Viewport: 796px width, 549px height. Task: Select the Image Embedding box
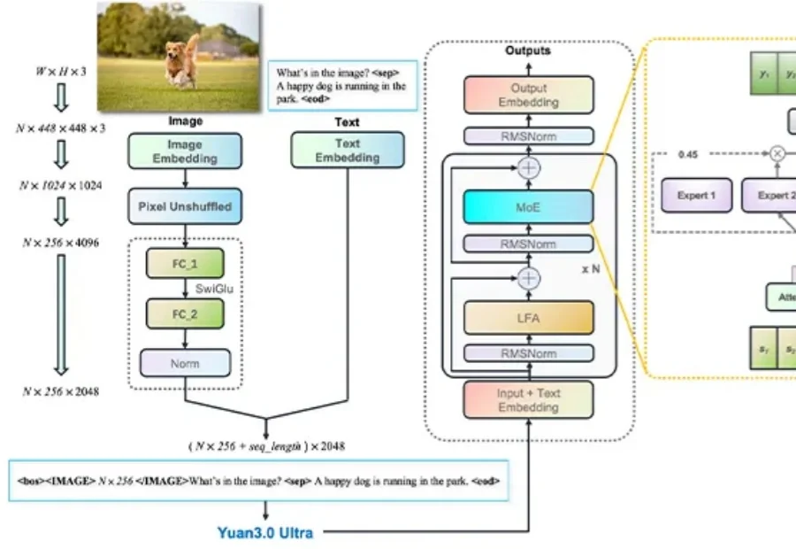coord(184,151)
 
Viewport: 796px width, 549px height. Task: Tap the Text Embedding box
coord(348,151)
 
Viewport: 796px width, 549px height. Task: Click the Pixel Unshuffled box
coord(184,206)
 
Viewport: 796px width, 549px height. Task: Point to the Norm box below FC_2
coord(184,362)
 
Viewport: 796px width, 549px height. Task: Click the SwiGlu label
coord(216,288)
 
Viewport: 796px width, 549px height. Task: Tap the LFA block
coord(528,317)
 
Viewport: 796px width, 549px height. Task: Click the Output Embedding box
coord(528,95)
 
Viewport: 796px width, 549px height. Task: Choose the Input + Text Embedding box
coord(528,400)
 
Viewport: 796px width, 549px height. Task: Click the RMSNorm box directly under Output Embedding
coord(528,136)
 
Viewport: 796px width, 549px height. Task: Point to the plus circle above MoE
coord(528,166)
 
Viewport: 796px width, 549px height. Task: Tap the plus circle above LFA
coord(528,278)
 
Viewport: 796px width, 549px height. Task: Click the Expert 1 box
coord(697,195)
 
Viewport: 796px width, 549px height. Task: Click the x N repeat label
coord(592,266)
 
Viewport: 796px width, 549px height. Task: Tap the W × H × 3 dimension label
coord(61,71)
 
